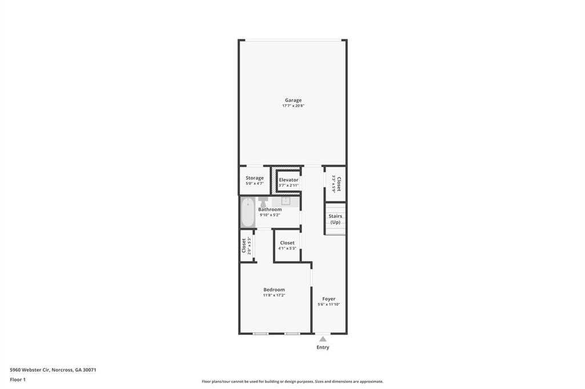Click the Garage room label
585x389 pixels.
point(293,100)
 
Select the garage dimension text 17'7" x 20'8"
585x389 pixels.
point(293,106)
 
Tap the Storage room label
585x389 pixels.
point(255,178)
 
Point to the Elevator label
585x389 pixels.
point(289,180)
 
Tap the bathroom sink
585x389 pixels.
point(285,201)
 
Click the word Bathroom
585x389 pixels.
point(270,209)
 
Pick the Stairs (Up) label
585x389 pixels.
point(335,219)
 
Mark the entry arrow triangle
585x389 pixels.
point(323,339)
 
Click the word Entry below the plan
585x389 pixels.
point(323,347)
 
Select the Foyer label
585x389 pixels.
point(328,299)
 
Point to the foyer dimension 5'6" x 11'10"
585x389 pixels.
point(328,305)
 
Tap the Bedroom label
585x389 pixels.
point(274,290)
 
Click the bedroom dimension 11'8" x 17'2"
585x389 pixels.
point(274,295)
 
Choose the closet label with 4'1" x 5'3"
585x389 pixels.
point(287,243)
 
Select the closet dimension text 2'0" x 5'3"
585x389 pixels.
point(250,246)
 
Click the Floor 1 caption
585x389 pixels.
point(18,379)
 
